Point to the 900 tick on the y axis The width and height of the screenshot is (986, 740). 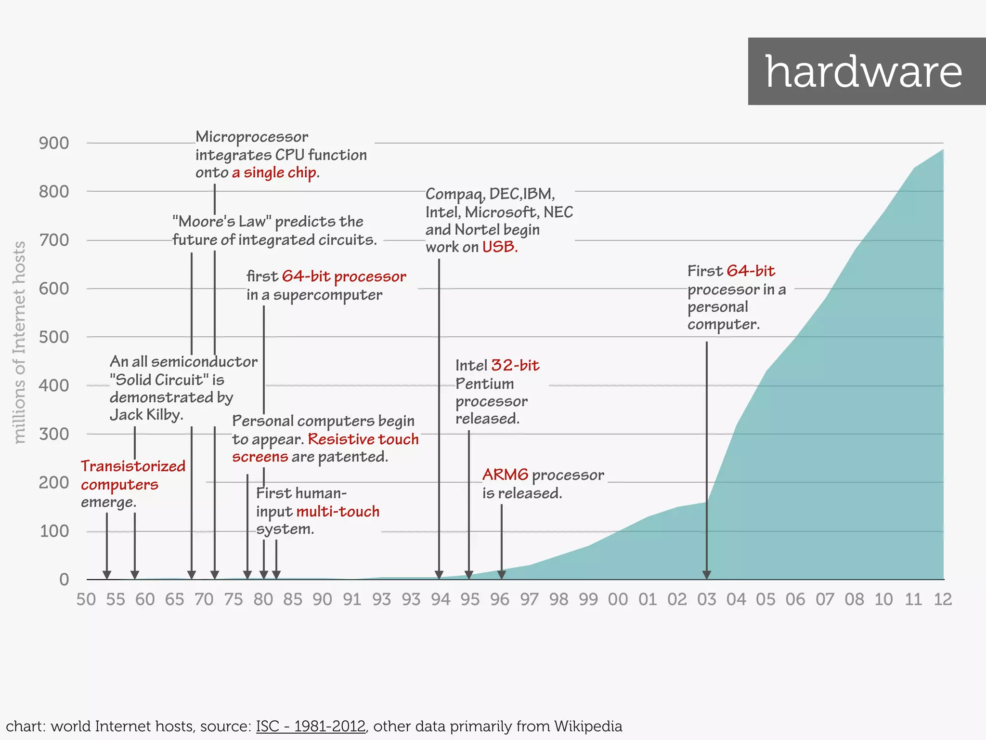tap(54, 143)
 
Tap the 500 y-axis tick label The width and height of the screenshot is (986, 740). tap(54, 337)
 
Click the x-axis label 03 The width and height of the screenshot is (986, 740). tap(706, 599)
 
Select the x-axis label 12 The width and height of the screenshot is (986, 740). tap(943, 599)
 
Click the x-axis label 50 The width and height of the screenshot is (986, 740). tap(86, 599)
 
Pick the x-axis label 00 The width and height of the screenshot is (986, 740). tap(618, 599)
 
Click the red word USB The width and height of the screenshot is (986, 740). tap(500, 247)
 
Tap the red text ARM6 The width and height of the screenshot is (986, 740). tap(505, 475)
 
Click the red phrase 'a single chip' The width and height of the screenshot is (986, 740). tap(274, 172)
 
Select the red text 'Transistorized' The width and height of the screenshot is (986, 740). tap(133, 466)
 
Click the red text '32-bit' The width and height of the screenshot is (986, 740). tap(515, 365)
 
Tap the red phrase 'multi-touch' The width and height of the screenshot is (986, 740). tap(338, 511)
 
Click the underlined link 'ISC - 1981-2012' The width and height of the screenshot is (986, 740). tap(311, 726)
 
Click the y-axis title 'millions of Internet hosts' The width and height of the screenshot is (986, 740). tap(19, 342)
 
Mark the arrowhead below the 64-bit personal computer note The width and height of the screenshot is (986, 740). tap(706, 574)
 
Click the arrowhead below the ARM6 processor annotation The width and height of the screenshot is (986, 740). tap(501, 574)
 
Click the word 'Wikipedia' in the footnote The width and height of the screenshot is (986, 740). tap(588, 726)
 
